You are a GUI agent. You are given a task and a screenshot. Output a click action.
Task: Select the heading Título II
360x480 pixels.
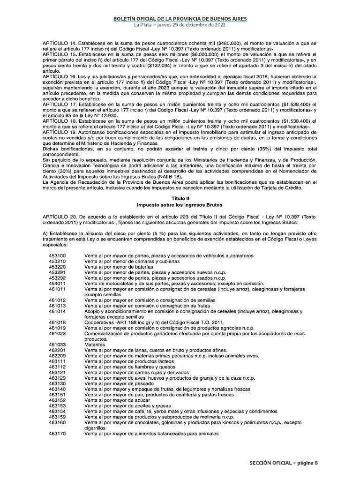coord(180,199)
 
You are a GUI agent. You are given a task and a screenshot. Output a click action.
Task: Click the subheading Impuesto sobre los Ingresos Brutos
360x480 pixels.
coord(180,205)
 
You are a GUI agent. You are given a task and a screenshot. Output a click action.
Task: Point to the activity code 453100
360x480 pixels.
coord(57,256)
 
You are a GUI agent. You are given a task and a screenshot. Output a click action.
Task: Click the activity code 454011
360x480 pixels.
coord(57,284)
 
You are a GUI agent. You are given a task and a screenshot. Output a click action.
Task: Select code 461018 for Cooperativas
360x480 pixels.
coord(57,322)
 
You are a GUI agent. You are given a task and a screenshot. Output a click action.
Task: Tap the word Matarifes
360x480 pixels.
coord(94,344)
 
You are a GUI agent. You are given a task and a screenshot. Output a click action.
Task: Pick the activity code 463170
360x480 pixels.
coord(57,434)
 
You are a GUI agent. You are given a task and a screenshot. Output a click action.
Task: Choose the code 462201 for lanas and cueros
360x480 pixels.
coord(57,350)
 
